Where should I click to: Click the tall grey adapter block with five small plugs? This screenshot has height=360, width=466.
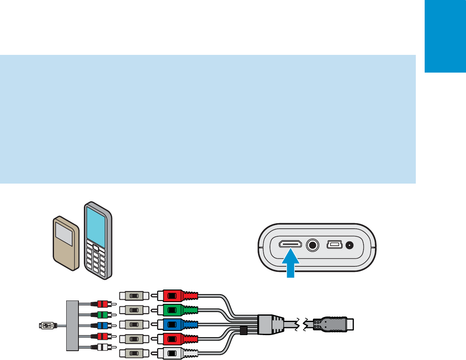tap(73, 325)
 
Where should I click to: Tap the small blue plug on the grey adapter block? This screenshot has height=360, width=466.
tap(102, 325)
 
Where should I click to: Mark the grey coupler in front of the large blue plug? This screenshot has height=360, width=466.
tap(134, 325)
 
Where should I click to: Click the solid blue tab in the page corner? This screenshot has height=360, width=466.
tap(445, 36)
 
